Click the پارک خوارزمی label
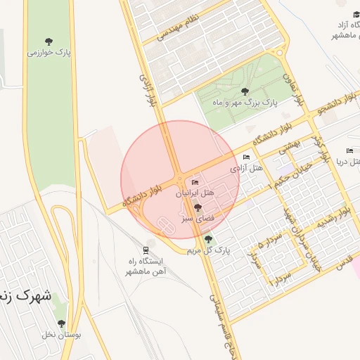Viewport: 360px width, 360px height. click(49, 52)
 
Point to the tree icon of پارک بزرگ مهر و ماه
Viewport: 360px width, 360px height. click(245, 91)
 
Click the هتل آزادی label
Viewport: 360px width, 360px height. click(246, 168)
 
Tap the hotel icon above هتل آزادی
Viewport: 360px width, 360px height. click(246, 157)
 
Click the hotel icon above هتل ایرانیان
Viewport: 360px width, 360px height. click(195, 183)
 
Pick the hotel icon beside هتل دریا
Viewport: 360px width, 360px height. click(350, 150)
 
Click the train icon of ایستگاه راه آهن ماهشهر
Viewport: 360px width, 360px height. click(146, 250)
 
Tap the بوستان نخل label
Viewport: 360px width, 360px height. click(61, 335)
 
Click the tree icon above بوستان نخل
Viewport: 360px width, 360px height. click(61, 324)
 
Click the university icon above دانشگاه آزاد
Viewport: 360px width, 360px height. click(356, 14)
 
